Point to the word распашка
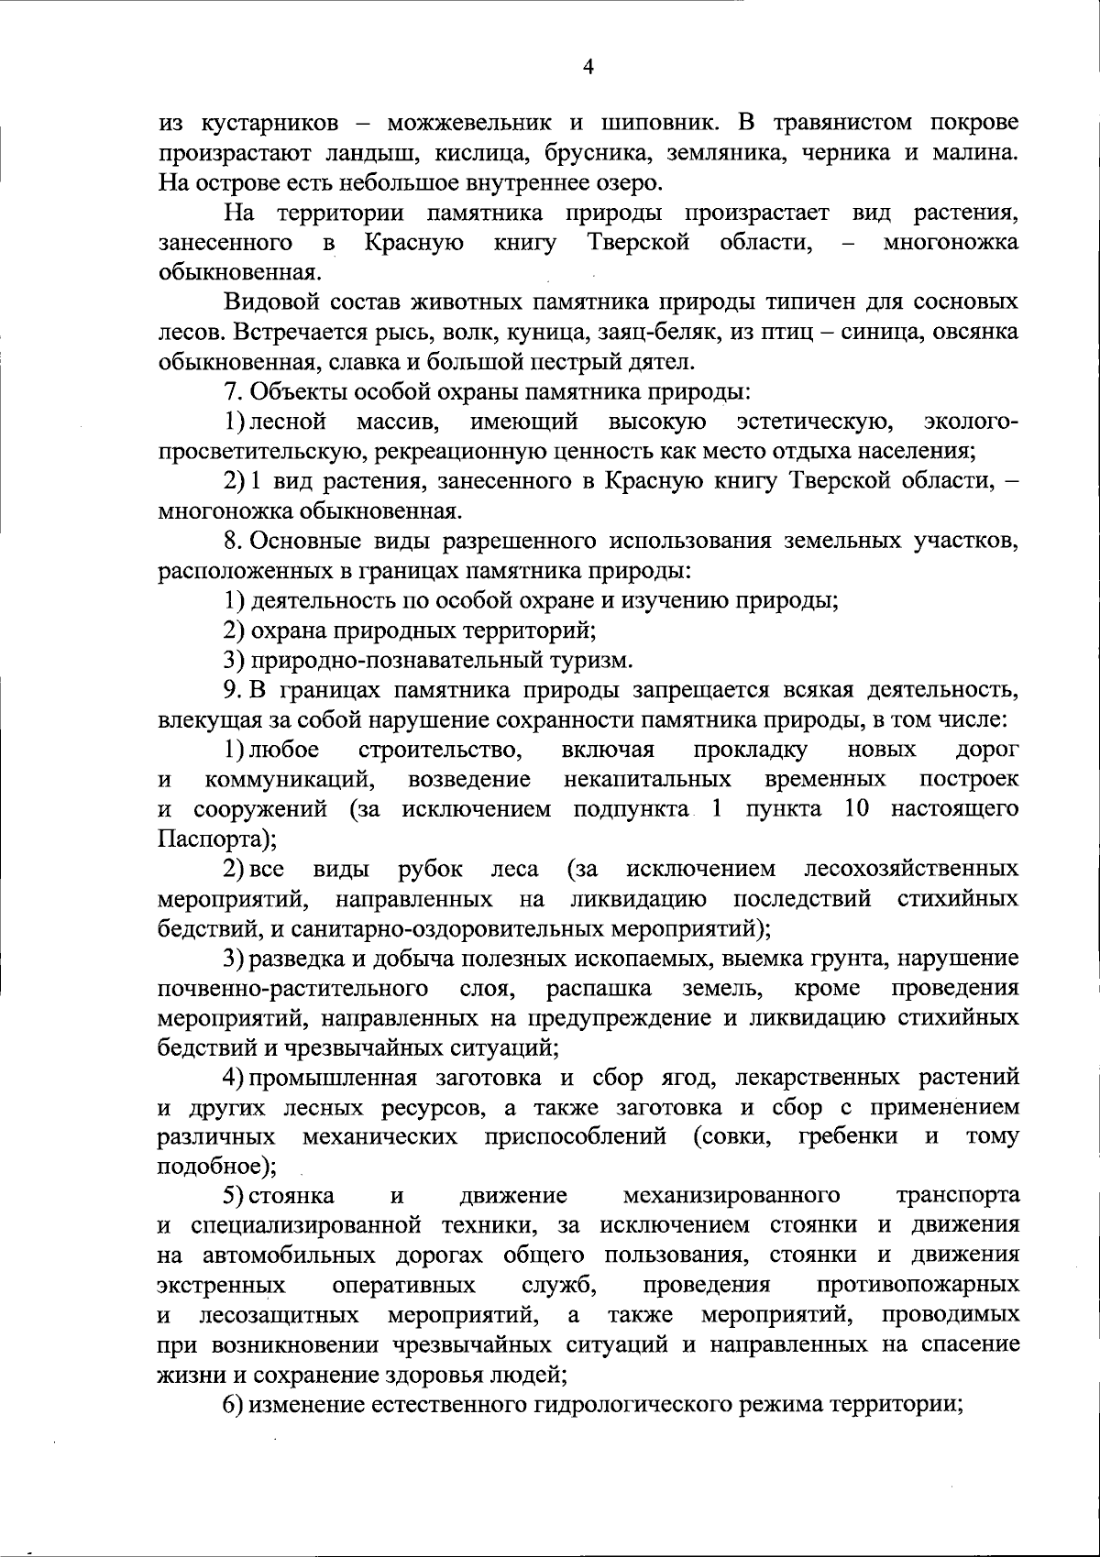pos(599,988)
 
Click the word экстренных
pos(221,1286)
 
